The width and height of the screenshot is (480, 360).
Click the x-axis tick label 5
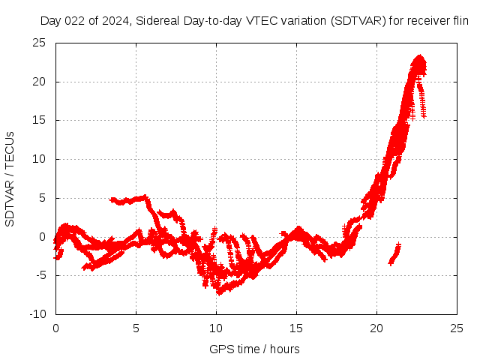tap(136, 328)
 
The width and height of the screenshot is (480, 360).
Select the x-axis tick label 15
tap(296, 328)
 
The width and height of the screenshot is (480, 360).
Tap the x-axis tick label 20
tap(376, 328)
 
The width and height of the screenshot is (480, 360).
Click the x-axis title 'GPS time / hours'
tap(256, 349)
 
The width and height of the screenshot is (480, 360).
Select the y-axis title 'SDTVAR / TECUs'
tap(10, 178)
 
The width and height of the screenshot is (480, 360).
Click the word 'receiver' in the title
tap(427, 22)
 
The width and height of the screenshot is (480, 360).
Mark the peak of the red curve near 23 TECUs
tap(418, 58)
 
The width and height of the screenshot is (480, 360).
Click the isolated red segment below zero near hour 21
tap(394, 254)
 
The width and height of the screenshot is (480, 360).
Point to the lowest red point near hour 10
tap(219, 292)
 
